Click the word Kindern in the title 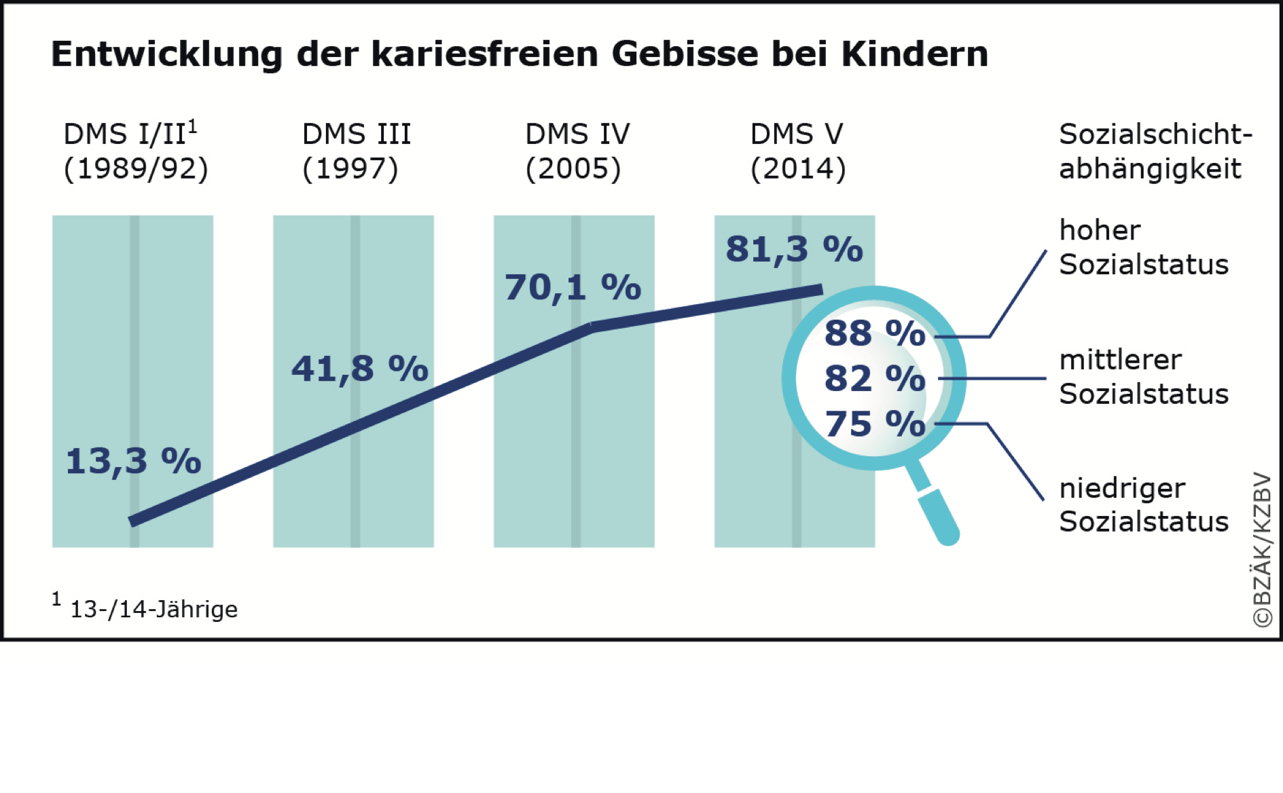(914, 54)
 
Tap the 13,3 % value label (133, 461)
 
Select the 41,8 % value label (360, 369)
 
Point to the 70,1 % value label (573, 287)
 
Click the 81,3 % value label (794, 249)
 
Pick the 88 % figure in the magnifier (875, 333)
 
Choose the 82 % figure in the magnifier (875, 378)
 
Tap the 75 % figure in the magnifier (875, 424)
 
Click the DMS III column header (357, 134)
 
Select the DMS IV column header (577, 134)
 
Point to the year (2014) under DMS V (798, 169)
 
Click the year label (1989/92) (136, 169)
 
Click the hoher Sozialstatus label (1144, 247)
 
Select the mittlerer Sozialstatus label (1144, 377)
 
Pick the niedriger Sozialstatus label (1144, 505)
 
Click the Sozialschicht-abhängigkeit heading (1155, 151)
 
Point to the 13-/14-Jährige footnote (153, 609)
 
